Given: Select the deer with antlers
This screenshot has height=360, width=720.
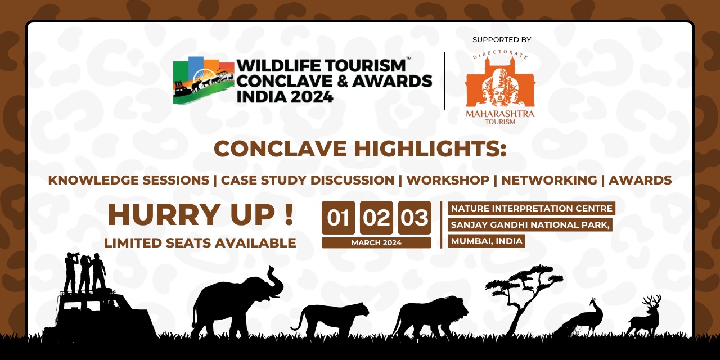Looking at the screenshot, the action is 645,317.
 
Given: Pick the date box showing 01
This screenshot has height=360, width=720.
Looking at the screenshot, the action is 338,218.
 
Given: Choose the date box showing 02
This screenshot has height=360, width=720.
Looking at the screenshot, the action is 376,218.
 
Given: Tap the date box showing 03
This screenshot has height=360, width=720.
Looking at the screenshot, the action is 415,218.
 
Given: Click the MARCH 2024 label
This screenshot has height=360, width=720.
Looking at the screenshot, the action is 376,242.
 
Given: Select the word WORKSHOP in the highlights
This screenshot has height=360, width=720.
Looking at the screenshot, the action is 448,180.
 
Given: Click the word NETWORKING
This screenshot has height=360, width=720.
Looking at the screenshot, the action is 549,180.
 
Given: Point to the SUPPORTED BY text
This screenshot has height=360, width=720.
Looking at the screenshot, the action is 502,40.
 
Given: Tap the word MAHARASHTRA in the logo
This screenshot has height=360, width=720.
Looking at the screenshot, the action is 500,114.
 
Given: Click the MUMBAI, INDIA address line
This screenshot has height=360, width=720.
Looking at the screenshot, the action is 487,241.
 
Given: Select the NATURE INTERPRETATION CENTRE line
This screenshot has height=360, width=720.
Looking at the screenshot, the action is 532,208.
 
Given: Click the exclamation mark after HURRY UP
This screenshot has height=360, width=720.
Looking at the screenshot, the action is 289,214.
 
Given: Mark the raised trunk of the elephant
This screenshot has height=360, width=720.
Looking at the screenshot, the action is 276,280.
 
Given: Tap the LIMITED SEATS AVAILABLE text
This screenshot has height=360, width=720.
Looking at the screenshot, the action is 200,243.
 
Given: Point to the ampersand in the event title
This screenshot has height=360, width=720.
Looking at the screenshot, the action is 343,81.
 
